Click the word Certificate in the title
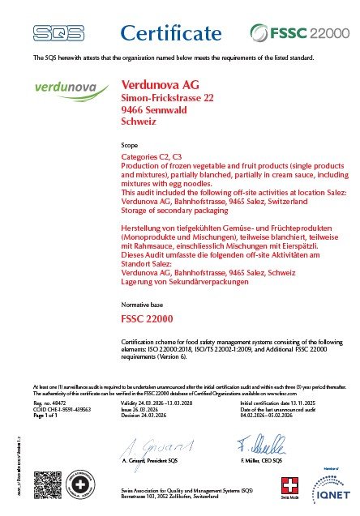(x=171, y=32)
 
